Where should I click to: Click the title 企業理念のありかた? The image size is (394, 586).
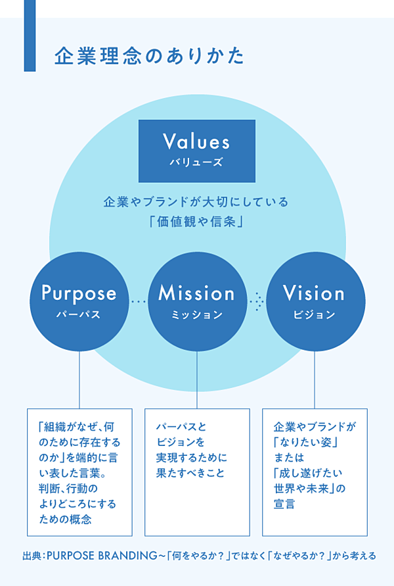click(x=149, y=55)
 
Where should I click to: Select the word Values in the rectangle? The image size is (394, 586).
click(x=196, y=141)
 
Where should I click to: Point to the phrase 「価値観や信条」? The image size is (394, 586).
click(x=196, y=222)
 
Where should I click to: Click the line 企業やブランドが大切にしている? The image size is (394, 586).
click(x=196, y=202)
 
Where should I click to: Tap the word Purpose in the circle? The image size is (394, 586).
click(x=79, y=293)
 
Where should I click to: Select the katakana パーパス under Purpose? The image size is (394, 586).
click(x=79, y=314)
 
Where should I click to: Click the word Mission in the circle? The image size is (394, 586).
click(x=196, y=293)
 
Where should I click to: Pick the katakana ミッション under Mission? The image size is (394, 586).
click(x=196, y=314)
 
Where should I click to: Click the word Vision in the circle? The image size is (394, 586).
click(x=314, y=293)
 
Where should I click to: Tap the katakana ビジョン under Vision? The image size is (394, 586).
click(x=314, y=314)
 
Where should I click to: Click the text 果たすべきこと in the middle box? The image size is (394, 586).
click(x=190, y=473)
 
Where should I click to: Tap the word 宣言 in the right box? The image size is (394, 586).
click(x=284, y=504)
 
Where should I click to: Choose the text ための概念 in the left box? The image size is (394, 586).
click(x=65, y=520)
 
